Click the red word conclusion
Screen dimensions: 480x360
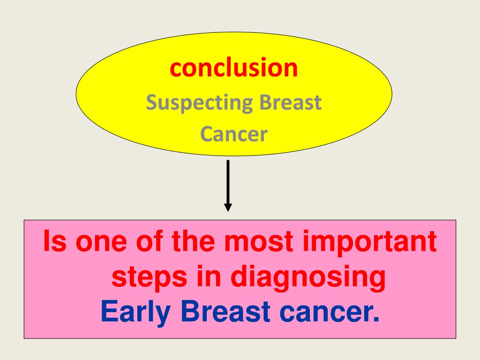[234, 67]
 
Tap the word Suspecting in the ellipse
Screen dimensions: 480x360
[199, 103]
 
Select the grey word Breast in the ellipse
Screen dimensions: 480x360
[290, 102]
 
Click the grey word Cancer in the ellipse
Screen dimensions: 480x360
[234, 134]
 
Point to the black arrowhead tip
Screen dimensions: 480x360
[228, 211]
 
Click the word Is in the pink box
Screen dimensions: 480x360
[55, 240]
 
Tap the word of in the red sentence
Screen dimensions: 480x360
[150, 240]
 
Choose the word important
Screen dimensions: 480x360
[369, 243]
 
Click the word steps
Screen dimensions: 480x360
[149, 278]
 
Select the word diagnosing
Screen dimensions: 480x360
[307, 277]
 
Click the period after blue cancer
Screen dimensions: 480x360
[376, 319]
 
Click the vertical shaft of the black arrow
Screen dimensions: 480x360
[228, 182]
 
